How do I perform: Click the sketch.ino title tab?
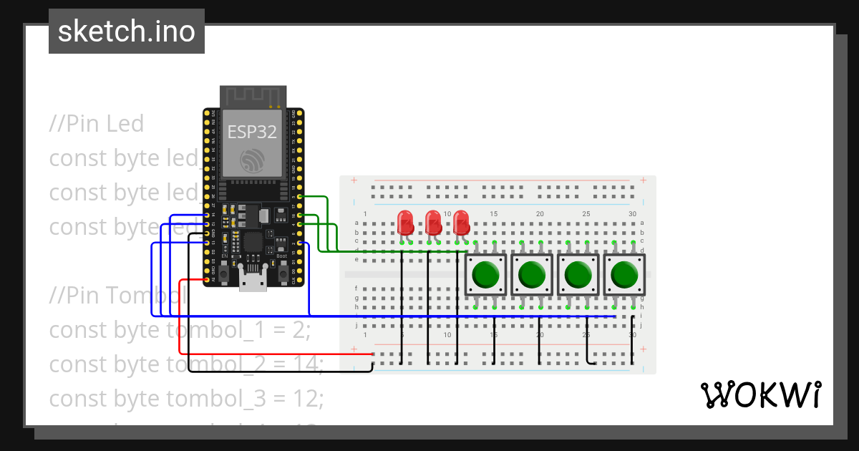pyautogui.click(x=127, y=31)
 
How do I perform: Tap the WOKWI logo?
pyautogui.click(x=760, y=394)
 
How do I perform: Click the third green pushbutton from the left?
pyautogui.click(x=579, y=275)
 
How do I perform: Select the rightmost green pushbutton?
pyautogui.click(x=625, y=275)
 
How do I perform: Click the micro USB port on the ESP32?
pyautogui.click(x=253, y=282)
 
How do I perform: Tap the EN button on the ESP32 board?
pyautogui.click(x=224, y=273)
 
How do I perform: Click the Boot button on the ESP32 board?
pyautogui.click(x=283, y=273)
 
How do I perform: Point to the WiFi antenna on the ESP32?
pyautogui.click(x=253, y=96)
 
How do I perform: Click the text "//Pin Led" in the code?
pyautogui.click(x=97, y=123)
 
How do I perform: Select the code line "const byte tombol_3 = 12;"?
pyautogui.click(x=185, y=398)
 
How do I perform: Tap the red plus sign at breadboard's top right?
pyautogui.click(x=644, y=180)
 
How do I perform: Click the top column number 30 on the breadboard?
pyautogui.click(x=632, y=214)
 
